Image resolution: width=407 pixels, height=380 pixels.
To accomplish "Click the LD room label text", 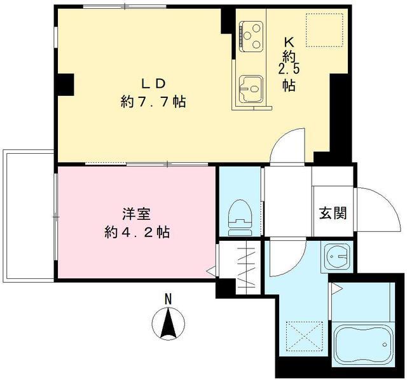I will [x=153, y=83].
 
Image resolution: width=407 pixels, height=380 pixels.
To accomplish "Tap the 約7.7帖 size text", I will [x=153, y=102].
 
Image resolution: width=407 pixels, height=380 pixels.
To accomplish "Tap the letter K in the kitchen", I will [x=289, y=41].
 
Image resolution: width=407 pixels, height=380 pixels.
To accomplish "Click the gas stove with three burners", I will [x=252, y=36].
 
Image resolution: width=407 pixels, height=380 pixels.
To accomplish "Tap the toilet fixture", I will [x=240, y=215].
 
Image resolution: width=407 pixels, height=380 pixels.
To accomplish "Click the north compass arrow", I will [x=168, y=323].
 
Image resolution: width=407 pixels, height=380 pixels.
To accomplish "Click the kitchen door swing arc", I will [x=287, y=144].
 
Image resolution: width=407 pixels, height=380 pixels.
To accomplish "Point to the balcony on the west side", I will [x=29, y=216].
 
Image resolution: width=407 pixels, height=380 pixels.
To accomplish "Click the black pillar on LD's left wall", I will [x=64, y=83].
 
